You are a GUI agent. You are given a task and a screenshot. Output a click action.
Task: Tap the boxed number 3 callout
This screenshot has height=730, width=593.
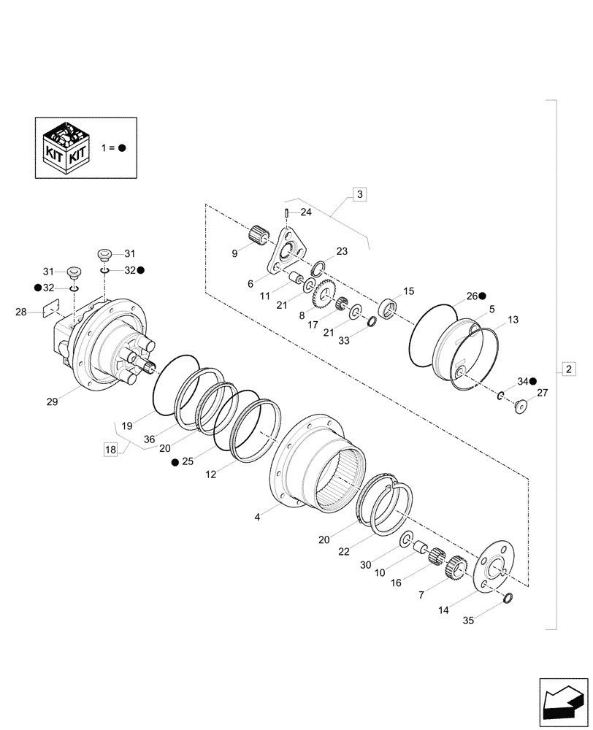[360, 194]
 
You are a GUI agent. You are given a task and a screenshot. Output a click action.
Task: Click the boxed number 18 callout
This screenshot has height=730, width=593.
[110, 450]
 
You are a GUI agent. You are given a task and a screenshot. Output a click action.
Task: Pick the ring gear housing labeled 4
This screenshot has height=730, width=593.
[314, 467]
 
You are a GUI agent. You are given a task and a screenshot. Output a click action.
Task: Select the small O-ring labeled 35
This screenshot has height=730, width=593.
[508, 599]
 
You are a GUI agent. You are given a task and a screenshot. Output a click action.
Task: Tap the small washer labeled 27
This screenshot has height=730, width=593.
[521, 405]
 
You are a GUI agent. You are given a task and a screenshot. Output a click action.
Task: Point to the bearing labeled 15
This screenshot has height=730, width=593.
[388, 308]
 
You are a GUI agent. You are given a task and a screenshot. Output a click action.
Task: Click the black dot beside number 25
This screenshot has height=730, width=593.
[175, 462]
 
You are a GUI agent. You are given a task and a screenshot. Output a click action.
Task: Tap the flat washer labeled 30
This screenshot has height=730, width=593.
[405, 541]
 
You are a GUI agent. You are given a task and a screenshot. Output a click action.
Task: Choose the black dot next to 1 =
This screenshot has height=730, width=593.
[122, 147]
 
